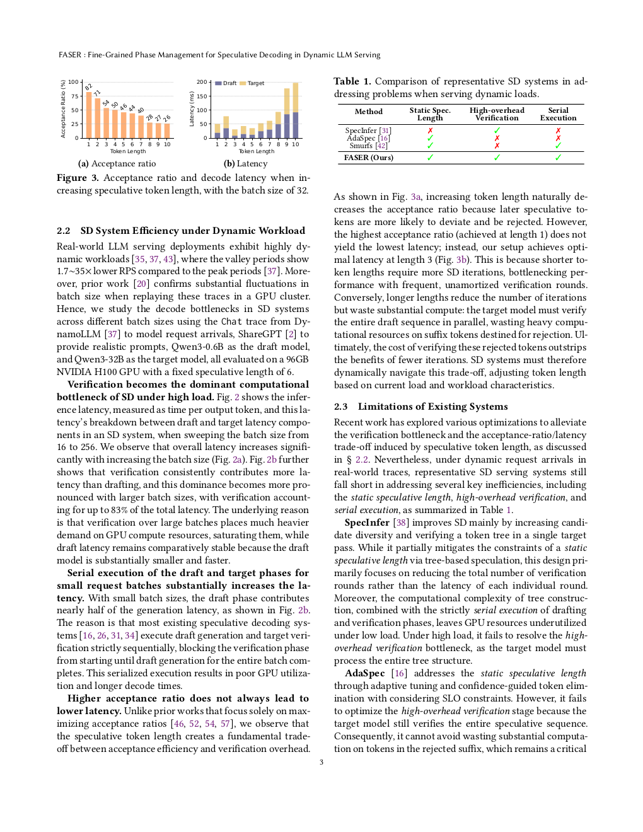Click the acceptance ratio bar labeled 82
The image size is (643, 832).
pos(89,115)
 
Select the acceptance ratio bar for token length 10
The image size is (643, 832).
pos(168,130)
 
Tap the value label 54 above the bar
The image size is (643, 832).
pos(105,103)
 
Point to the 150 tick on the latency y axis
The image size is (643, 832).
pos(202,96)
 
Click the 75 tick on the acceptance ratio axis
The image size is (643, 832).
pos(74,96)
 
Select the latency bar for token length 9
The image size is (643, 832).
pos(287,113)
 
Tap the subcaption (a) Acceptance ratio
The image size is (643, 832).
pos(117,164)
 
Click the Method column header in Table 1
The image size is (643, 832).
pos(369,112)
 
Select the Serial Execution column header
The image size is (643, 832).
pos(558,114)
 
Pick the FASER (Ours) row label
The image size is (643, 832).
pos(369,158)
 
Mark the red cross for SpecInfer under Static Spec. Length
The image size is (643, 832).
pos(430,130)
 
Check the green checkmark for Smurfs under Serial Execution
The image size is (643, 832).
pos(558,146)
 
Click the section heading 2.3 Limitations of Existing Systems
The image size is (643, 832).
pos(420,407)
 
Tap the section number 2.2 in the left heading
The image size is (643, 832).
pos(63,231)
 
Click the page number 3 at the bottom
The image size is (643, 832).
pos(321,762)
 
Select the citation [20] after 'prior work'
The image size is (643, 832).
pos(142,284)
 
